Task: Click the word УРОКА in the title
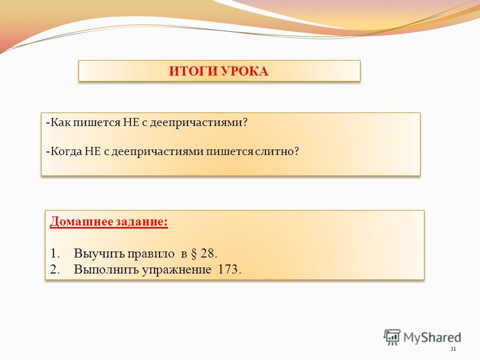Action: pos(244,71)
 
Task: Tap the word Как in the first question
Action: pos(60,122)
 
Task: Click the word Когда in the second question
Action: pos(66,151)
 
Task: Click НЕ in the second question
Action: pos(93,151)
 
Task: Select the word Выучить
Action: pos(99,253)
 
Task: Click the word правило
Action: pos(150,254)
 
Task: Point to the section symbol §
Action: pos(193,254)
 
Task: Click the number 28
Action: pos(207,253)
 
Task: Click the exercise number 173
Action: pos(228,269)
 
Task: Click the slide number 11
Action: pos(453,349)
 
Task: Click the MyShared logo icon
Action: pos(392,337)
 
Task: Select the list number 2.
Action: pos(54,269)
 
